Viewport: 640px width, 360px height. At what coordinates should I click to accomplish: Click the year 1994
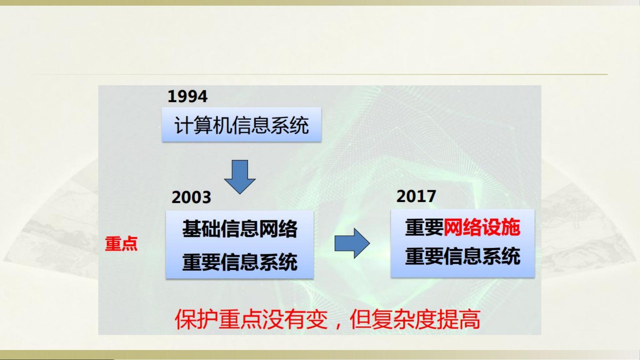click(x=188, y=97)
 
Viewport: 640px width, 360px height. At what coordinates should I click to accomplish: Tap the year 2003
click(x=191, y=197)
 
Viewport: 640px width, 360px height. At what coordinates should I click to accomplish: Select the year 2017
click(x=416, y=196)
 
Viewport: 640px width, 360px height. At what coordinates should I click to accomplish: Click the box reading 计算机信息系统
click(x=242, y=125)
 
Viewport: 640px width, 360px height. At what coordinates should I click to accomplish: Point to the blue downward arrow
click(x=240, y=177)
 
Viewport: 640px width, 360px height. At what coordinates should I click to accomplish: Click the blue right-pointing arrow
click(x=352, y=243)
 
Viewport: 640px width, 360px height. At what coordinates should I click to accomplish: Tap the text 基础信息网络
click(x=240, y=229)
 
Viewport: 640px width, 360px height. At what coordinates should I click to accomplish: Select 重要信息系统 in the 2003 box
click(x=240, y=262)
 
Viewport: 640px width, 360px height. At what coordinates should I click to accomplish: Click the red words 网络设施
click(x=482, y=227)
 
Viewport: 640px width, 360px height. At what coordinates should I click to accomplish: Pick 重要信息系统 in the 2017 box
click(x=463, y=256)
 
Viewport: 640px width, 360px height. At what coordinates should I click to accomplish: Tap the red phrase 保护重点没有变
click(x=251, y=319)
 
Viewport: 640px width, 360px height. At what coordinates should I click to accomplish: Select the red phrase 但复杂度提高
click(x=415, y=319)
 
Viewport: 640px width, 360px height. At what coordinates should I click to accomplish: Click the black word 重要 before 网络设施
click(x=424, y=227)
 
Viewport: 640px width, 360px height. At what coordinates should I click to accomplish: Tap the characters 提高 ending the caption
click(x=459, y=319)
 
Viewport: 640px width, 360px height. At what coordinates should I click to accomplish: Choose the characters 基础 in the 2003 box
click(x=201, y=229)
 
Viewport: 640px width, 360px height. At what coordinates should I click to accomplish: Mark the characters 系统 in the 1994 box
click(x=290, y=125)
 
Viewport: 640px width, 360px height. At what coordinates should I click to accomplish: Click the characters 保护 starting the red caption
click(x=197, y=319)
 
